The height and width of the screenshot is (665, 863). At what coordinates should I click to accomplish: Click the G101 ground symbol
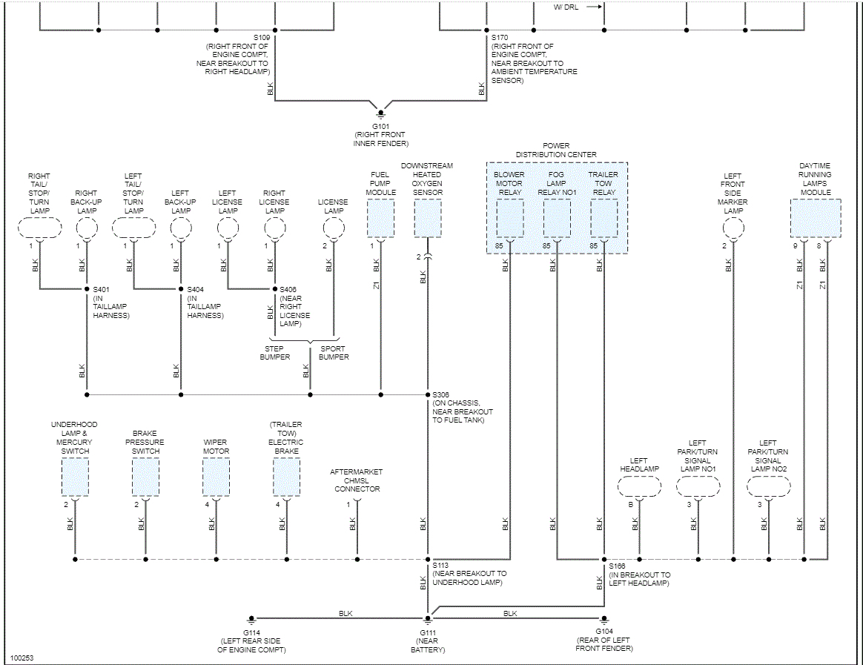[x=381, y=113]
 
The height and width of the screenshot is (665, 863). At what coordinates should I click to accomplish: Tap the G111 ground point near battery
[x=428, y=618]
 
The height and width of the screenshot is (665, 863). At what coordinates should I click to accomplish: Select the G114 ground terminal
[x=252, y=618]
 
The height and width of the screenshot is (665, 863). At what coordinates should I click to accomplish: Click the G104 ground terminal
[x=604, y=618]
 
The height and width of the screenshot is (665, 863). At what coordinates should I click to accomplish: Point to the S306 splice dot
[x=428, y=394]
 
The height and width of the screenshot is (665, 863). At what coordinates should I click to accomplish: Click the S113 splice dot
[x=428, y=559]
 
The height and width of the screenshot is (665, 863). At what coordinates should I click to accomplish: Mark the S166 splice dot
[x=604, y=559]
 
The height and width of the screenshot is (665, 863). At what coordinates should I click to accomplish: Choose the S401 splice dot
[x=87, y=288]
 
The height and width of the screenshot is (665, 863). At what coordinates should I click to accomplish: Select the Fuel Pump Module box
[x=381, y=219]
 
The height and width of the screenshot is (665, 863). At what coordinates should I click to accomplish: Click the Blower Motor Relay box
[x=509, y=219]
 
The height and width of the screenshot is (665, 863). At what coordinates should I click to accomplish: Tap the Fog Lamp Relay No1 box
[x=557, y=219]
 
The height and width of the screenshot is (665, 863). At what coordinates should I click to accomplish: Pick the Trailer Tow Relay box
[x=604, y=219]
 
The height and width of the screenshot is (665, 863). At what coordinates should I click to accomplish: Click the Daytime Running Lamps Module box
[x=815, y=219]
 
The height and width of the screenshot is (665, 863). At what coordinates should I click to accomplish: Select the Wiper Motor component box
[x=216, y=477]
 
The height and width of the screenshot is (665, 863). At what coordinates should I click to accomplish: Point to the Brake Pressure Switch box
[x=145, y=477]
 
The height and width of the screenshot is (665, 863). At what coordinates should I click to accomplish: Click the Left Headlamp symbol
[x=639, y=487]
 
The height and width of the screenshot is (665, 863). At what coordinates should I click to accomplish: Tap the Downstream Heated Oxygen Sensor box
[x=428, y=219]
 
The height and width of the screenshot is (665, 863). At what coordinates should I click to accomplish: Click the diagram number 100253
[x=22, y=658]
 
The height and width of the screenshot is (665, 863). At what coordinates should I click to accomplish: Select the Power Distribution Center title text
[x=556, y=150]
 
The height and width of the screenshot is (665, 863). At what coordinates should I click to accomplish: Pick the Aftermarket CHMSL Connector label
[x=357, y=480]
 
